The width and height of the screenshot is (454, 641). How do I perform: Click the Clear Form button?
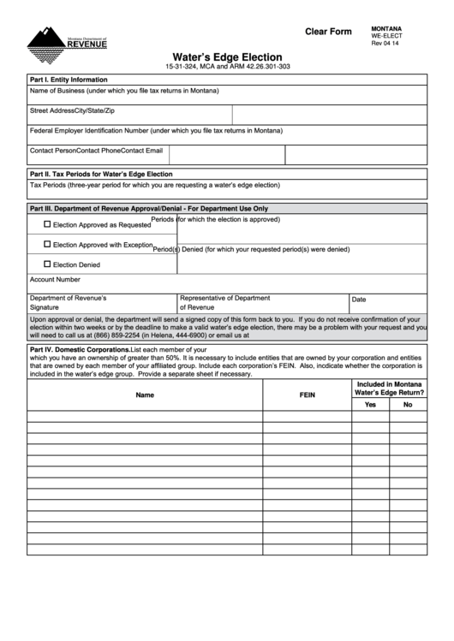328,33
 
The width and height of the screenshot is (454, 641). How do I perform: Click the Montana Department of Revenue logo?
67,39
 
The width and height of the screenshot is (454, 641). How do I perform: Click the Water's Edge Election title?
227,56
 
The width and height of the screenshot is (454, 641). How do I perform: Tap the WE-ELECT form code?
386,36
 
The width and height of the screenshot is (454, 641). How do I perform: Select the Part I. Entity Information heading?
69,79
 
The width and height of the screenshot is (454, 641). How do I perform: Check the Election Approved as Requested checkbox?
47,224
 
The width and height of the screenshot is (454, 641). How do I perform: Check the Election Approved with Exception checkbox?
47,244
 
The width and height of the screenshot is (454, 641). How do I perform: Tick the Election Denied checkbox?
47,264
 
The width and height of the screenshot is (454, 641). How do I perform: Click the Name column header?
145,395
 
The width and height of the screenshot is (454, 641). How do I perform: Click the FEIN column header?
307,395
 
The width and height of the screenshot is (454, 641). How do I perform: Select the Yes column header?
370,405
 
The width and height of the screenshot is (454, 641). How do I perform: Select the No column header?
408,405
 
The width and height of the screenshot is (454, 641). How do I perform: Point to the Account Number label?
55,279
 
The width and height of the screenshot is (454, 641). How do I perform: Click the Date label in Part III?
359,300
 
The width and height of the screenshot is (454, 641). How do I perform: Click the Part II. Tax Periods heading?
101,174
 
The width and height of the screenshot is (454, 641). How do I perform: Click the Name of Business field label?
124,91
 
